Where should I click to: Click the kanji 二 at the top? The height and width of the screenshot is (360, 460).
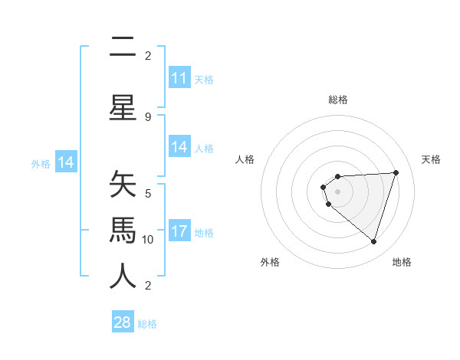click(123, 49)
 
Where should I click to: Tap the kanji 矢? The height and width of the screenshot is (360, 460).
click(123, 186)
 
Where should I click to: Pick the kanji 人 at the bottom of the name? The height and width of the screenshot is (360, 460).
click(123, 277)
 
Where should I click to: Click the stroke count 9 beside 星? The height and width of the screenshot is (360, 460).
click(148, 117)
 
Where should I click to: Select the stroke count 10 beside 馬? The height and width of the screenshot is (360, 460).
click(148, 239)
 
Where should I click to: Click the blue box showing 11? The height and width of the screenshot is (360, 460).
click(179, 78)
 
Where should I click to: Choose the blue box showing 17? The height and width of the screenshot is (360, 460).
click(179, 231)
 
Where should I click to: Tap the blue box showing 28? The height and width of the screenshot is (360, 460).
click(123, 322)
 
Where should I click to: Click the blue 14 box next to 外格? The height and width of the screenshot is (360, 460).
click(66, 162)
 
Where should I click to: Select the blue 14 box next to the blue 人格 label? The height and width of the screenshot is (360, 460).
click(179, 147)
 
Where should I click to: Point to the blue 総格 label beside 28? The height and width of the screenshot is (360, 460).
click(147, 324)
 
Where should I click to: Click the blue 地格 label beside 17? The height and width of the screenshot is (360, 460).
click(204, 232)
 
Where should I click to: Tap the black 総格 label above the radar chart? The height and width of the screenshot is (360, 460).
click(338, 100)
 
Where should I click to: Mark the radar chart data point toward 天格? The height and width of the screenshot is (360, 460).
click(396, 172)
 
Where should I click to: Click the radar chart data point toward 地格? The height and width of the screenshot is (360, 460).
click(373, 241)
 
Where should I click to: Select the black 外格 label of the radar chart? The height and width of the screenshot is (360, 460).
click(270, 262)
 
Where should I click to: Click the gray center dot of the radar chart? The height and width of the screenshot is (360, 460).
click(337, 190)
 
